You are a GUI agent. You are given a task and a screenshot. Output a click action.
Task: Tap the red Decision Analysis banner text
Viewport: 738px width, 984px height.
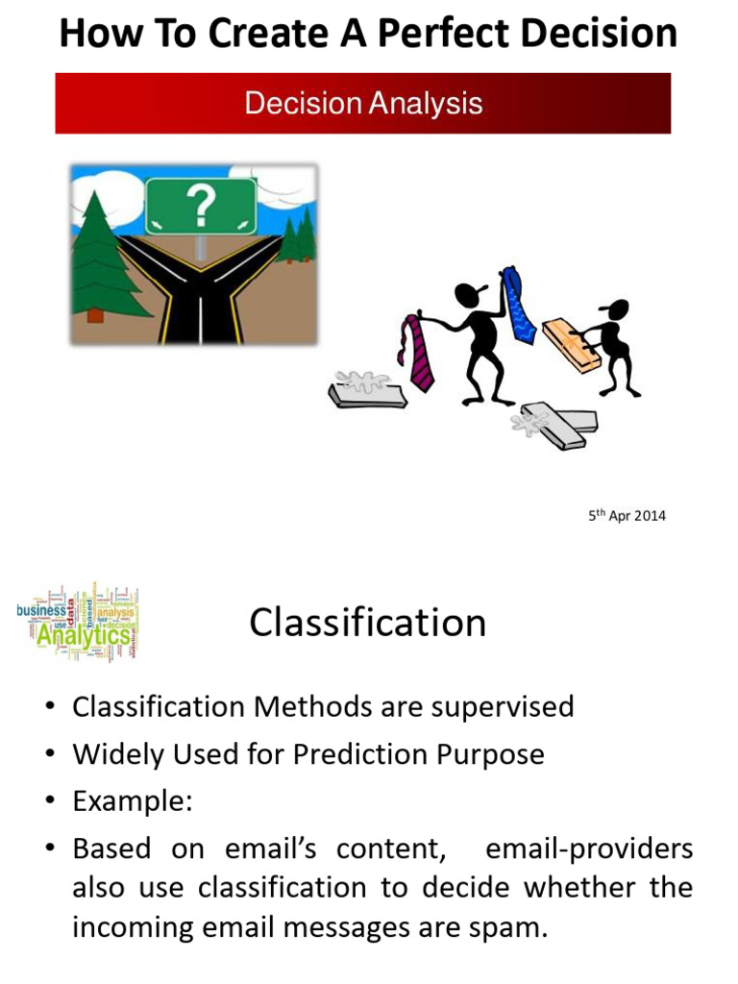coord(363,103)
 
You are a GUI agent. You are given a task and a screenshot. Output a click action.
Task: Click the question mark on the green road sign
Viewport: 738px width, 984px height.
coord(201,205)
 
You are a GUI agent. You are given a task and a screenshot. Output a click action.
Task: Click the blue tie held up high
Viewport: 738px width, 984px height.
coord(518,305)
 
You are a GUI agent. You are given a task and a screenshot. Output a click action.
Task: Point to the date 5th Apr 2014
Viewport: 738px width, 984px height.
coord(627,516)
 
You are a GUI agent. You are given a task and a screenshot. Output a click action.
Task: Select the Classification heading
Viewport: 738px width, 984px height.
coord(368,623)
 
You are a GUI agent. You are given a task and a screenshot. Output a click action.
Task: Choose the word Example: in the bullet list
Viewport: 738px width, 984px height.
coord(133,801)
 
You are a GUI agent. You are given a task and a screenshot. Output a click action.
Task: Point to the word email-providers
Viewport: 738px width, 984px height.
coord(589,849)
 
